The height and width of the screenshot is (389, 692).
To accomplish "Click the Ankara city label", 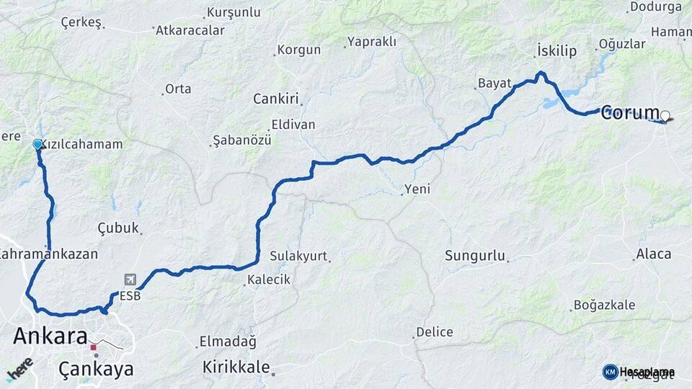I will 50,336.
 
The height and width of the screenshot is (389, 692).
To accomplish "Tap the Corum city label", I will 630,112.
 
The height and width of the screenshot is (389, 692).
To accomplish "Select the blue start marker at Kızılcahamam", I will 37,144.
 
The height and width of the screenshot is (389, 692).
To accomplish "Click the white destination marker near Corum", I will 665,115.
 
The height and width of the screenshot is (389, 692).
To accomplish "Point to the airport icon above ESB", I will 130,280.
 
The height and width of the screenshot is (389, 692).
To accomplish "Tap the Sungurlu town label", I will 474,256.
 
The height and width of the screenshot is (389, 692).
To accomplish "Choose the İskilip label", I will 556,50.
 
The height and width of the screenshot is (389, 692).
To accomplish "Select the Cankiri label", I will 276,99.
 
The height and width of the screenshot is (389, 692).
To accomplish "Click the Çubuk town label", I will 117,228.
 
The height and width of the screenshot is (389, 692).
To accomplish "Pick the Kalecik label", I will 268,279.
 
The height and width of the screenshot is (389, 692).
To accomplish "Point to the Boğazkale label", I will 604,305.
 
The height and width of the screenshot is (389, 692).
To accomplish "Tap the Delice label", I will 434,332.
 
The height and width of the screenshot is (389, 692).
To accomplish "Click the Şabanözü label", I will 241,140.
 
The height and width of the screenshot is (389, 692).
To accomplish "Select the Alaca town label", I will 653,254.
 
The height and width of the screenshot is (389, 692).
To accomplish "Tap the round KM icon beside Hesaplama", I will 610,372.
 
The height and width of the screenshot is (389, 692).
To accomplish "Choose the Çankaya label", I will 96,369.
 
